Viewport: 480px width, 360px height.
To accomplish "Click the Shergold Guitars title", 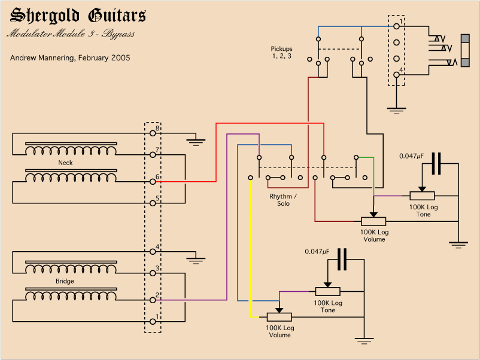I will point(78,16).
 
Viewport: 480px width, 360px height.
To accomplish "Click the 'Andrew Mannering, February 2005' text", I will point(70,58).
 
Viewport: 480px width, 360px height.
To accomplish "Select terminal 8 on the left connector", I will point(153,133).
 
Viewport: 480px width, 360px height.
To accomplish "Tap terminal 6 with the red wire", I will point(153,181).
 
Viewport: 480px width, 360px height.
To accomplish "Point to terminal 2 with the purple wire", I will point(153,300).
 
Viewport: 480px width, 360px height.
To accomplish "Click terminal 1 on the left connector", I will point(153,322).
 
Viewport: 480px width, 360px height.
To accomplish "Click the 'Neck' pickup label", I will point(65,163).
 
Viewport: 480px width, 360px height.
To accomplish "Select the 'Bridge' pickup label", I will point(65,281).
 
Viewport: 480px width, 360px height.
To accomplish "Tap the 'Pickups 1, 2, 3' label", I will point(281,53).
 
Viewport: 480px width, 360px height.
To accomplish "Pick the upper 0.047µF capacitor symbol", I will point(436,163).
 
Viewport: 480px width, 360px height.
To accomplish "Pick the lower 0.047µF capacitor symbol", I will point(342,259).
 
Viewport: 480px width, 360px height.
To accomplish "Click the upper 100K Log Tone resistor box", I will point(423,196).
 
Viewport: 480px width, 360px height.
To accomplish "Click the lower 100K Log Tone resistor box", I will point(327,291).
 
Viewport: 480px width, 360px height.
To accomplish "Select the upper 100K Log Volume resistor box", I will point(373,221).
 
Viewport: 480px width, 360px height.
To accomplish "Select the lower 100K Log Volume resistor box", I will point(279,317).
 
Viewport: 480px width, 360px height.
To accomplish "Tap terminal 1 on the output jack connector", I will point(396,26).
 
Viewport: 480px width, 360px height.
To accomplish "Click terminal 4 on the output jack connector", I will point(396,74).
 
